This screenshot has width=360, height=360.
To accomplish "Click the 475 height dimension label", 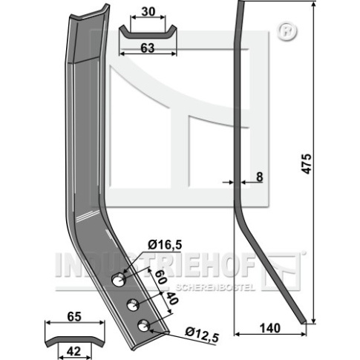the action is [x=307, y=164].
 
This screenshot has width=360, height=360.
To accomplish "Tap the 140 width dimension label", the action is [x=270, y=328].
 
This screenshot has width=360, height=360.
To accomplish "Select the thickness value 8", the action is [x=259, y=177].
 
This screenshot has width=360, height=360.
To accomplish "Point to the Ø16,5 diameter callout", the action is [x=165, y=245].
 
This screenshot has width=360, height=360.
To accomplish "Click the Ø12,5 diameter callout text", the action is [x=202, y=335].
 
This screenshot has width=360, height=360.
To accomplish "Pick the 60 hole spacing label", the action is [x=160, y=277].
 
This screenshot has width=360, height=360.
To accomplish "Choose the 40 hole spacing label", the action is [x=171, y=298].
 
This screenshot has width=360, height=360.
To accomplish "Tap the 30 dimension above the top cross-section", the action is [x=148, y=12].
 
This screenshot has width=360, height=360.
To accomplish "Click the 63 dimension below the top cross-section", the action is [x=148, y=48].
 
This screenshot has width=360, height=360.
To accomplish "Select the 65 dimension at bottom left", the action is [x=74, y=317].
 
